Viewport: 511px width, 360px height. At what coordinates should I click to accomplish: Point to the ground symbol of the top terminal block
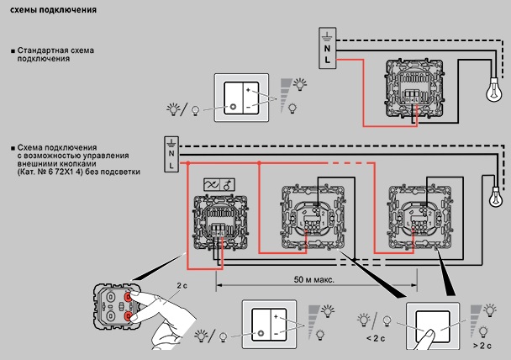pos(327,34)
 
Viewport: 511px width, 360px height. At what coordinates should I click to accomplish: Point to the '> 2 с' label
pos(482,346)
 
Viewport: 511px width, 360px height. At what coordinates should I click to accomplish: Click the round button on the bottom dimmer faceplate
pos(257,333)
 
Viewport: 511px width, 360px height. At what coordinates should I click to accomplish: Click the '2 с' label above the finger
pos(183,286)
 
